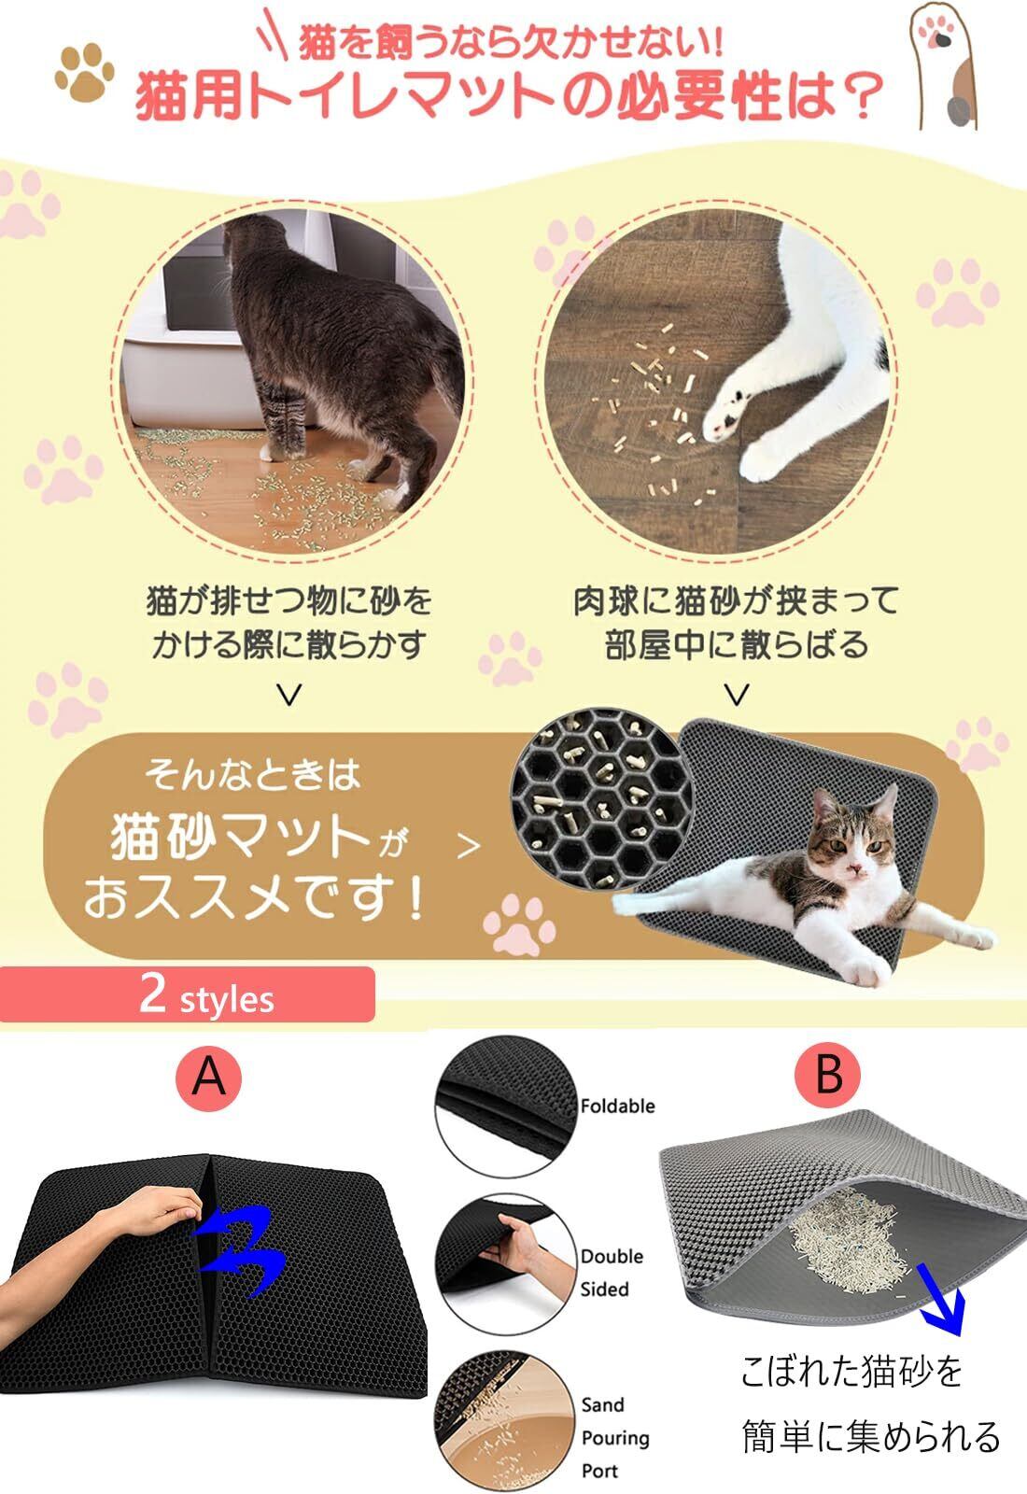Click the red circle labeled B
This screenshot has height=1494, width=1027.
(827, 1075)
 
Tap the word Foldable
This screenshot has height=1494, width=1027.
(617, 1106)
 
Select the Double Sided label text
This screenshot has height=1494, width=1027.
(612, 1273)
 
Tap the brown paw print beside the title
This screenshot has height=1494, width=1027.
(85, 72)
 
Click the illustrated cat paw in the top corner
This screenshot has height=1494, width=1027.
(942, 64)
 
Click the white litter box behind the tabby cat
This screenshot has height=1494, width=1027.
(200, 346)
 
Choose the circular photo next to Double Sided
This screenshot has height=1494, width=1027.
(505, 1265)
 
